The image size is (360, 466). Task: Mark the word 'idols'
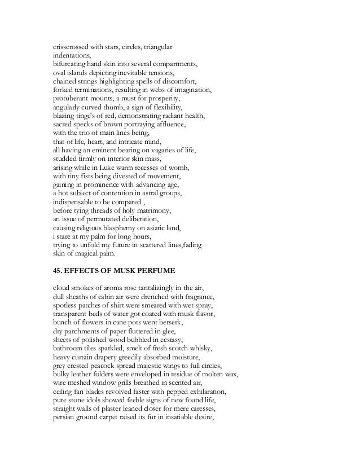pyautogui.click(x=96, y=399)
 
